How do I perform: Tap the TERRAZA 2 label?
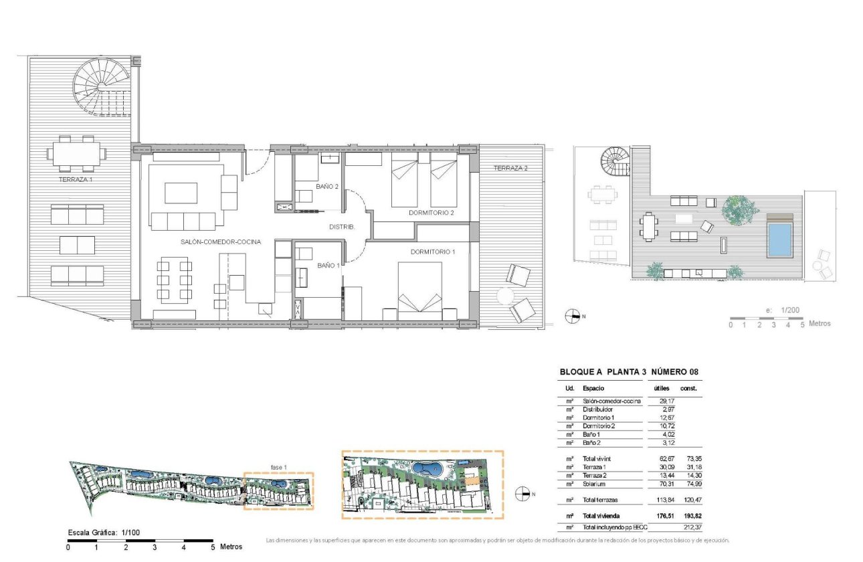[510, 169]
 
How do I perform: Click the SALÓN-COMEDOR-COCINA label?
[220, 242]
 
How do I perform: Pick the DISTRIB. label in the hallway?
[342, 227]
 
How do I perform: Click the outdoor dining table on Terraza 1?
[75, 151]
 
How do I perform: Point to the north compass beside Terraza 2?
[572, 316]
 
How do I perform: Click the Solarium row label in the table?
[595, 484]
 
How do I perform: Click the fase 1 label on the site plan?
[278, 467]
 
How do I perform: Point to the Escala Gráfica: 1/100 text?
[103, 533]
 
